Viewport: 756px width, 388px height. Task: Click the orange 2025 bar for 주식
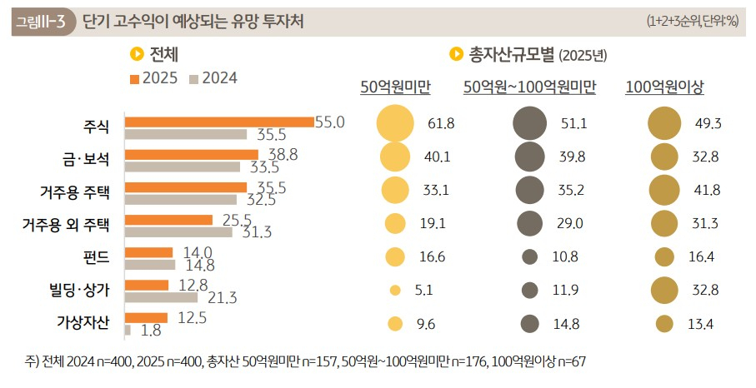coord(218,122)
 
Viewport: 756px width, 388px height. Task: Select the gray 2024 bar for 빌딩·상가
coord(161,297)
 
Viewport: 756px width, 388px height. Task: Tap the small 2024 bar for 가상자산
coord(128,331)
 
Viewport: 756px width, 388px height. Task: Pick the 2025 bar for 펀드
coord(148,252)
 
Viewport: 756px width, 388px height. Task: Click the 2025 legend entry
coord(154,78)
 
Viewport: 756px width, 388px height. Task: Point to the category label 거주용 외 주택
coord(66,225)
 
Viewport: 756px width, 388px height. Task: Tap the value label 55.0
coord(329,122)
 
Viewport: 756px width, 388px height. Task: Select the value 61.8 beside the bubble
coord(440,123)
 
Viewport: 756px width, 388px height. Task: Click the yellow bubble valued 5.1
coord(395,291)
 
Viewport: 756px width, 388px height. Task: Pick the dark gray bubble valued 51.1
coord(530,123)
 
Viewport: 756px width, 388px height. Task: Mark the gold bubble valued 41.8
coord(664,190)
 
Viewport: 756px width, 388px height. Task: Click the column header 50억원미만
coord(395,87)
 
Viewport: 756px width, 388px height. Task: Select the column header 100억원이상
coord(664,87)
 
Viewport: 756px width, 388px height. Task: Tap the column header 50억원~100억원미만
coord(530,87)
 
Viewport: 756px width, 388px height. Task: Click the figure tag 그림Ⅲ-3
coord(40,21)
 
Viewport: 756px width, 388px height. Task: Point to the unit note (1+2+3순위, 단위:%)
coord(692,22)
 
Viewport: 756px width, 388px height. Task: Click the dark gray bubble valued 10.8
coord(529,257)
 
